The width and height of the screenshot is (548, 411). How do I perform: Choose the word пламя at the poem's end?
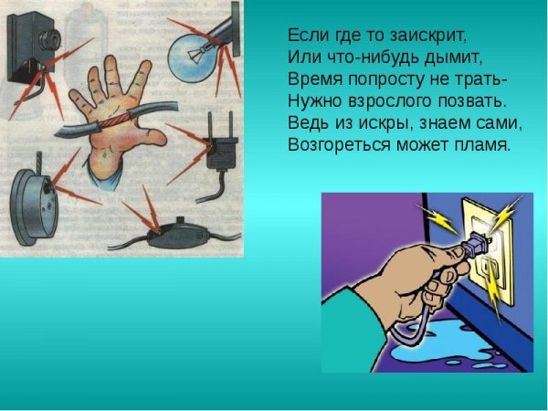tap(481, 145)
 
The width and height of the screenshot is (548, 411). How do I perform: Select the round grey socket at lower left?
tap(37, 206)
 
